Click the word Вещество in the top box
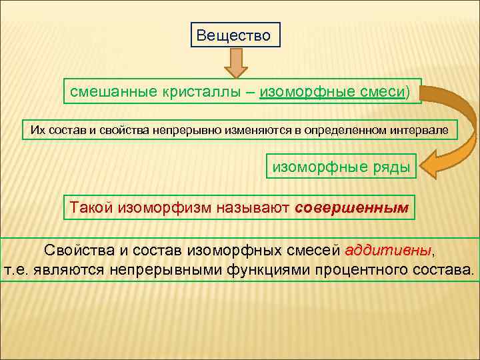click(233, 35)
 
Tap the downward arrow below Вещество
click(235, 65)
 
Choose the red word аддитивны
click(389, 251)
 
